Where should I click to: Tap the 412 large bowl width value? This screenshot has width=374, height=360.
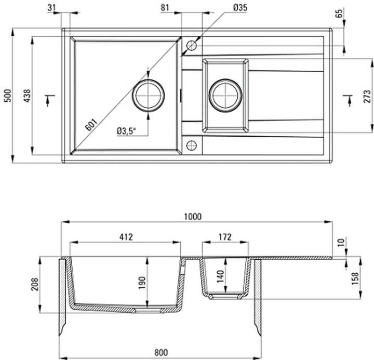point(125,237)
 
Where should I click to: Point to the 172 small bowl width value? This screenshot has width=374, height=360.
point(224,237)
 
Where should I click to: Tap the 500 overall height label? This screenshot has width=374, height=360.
point(7,95)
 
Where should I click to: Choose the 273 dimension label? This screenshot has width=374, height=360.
point(366,95)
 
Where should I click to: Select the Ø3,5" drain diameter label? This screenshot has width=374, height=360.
point(126,131)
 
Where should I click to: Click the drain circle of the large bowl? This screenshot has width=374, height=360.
point(149,96)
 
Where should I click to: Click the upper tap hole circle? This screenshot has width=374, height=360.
point(191,45)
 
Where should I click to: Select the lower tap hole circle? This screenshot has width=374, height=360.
point(191,144)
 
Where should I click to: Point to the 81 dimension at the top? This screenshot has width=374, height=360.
point(166,7)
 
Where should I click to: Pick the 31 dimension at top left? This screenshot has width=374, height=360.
point(52,7)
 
